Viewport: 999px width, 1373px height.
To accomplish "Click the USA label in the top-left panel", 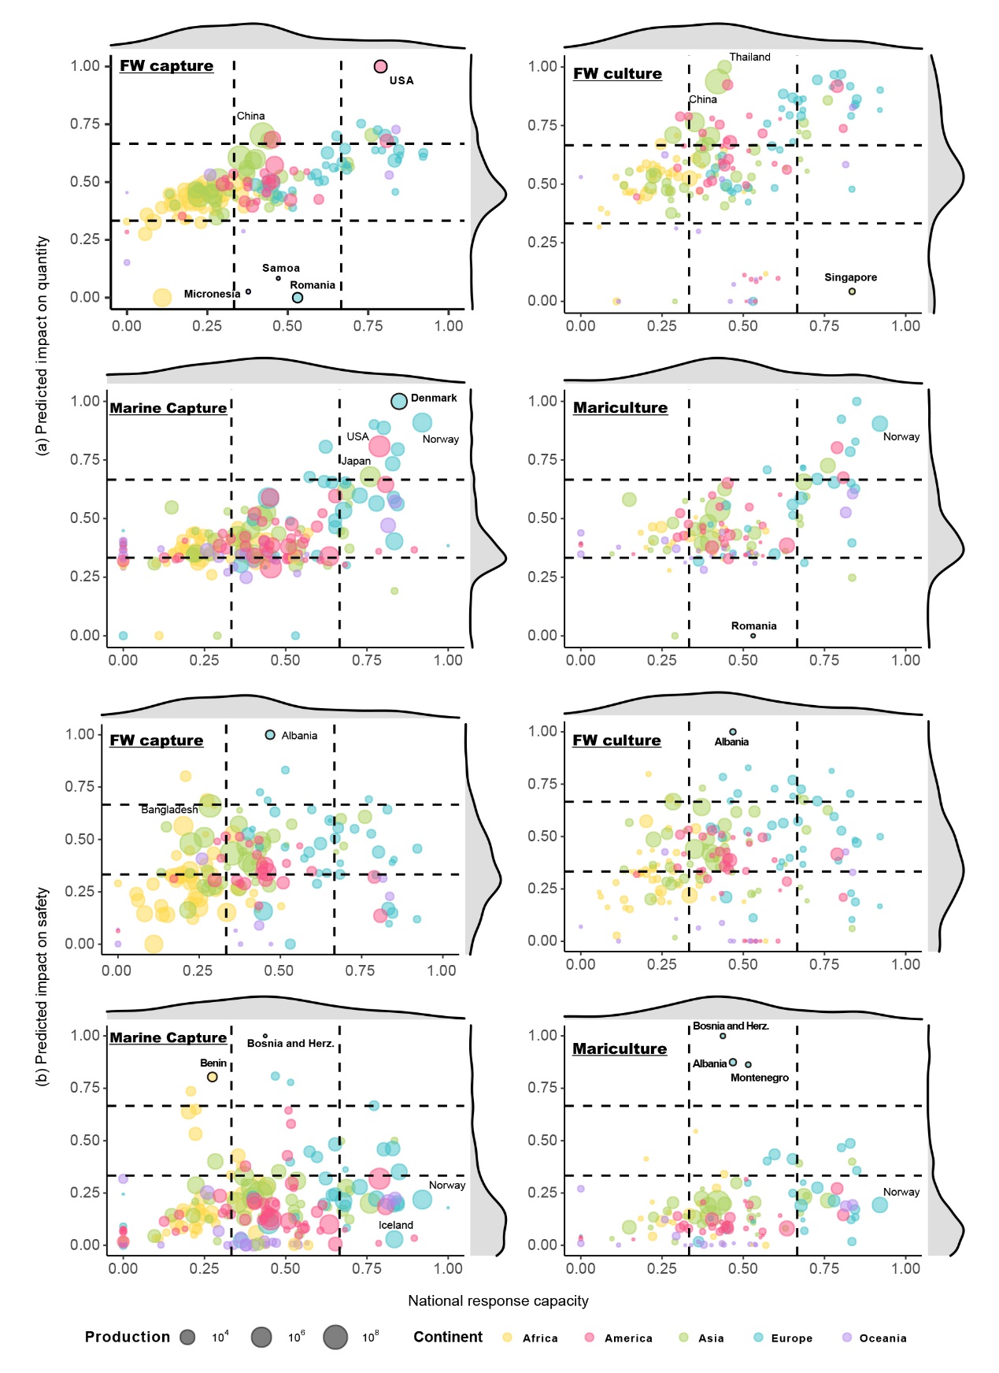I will coord(401,80).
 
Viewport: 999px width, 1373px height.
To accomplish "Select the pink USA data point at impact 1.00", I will coord(380,67).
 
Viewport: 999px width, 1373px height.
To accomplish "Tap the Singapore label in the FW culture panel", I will coord(850,277).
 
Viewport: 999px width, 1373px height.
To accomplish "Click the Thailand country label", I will coord(749,57).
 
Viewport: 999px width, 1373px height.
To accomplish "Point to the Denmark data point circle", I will coord(399,401).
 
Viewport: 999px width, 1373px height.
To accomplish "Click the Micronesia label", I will coord(212,294).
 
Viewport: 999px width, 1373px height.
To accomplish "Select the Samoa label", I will coord(280,269).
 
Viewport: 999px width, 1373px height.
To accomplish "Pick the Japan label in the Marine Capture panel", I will coord(356,461).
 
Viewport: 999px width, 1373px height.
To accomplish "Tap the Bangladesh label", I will coord(169,809).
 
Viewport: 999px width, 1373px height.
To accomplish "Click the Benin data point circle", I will coord(212,1077).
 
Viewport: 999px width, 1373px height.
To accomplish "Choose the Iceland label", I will coord(395,1225).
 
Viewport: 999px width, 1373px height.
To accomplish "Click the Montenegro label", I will coord(759,1078).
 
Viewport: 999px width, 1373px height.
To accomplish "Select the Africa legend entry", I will coord(540,1338).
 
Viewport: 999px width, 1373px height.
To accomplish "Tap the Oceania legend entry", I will coord(882,1338).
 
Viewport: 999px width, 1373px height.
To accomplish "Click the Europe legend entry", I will coord(791,1338).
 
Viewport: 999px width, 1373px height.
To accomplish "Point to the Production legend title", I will coord(128,1337).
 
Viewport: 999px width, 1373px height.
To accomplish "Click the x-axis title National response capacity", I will coord(498,1301).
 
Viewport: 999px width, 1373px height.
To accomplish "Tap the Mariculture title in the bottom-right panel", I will coord(620,1048).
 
